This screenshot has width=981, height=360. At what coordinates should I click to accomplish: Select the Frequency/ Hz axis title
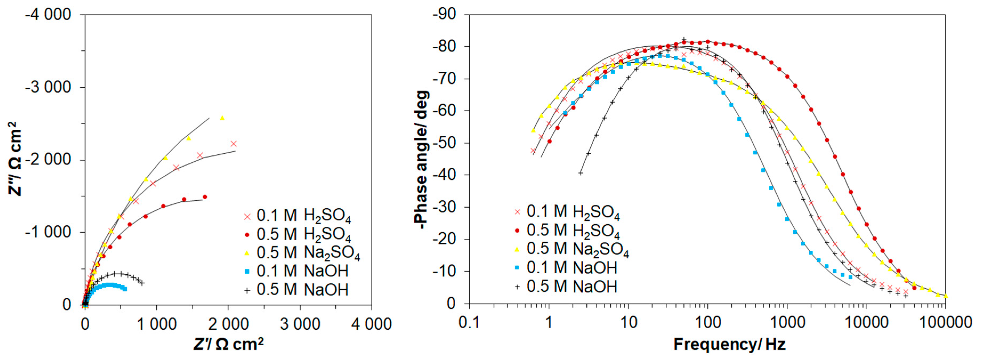(729, 344)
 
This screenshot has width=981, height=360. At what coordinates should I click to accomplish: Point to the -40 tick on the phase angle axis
(444, 175)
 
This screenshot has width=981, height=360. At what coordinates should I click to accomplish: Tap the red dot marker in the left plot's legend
(247, 234)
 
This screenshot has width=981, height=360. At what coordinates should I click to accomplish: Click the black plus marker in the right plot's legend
(517, 286)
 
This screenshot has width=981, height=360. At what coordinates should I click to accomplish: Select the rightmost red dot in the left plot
(205, 197)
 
